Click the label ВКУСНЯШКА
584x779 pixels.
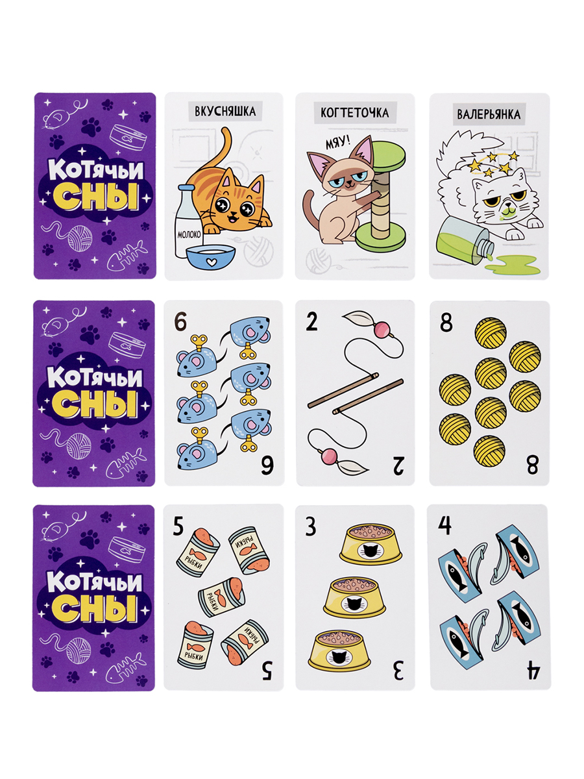[225, 111]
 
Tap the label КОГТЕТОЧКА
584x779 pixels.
[354, 112]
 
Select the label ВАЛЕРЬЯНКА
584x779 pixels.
[488, 114]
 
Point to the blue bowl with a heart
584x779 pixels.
[211, 258]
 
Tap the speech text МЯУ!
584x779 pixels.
[337, 144]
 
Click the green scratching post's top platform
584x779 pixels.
[388, 155]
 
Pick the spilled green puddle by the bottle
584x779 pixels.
[515, 265]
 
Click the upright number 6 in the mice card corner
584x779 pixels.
[180, 322]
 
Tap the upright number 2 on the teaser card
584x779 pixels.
[311, 322]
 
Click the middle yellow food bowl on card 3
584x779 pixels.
[354, 598]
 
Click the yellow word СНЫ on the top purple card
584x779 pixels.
[95, 197]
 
